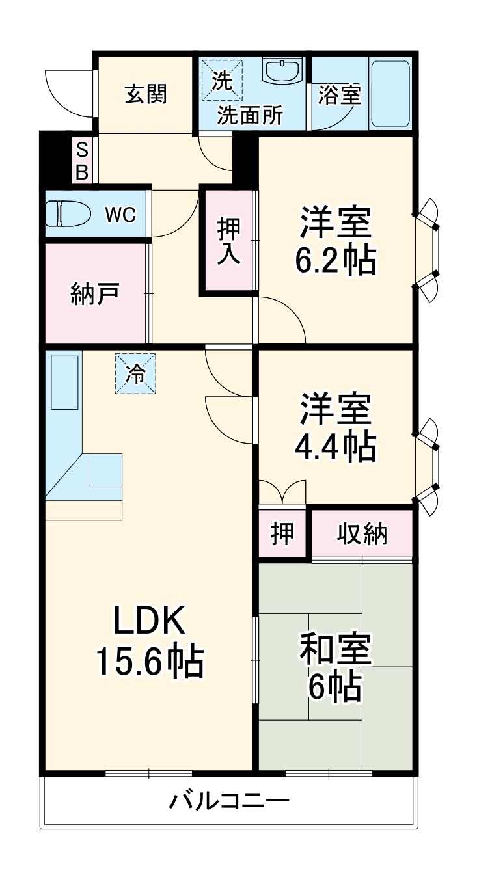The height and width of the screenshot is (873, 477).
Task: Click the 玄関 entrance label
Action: (146, 94)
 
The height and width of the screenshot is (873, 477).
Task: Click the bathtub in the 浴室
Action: (390, 93)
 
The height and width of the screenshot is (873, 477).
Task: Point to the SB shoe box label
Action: (82, 161)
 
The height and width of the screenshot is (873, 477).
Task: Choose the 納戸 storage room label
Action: (94, 294)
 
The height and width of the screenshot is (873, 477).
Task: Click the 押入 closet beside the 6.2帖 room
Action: (228, 241)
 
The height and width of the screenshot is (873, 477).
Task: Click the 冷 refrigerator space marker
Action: (136, 373)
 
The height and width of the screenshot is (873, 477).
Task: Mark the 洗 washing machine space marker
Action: (223, 81)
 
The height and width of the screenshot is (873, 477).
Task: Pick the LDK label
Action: (150, 621)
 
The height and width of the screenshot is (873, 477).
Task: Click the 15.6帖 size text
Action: (150, 661)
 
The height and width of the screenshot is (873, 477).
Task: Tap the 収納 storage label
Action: (362, 534)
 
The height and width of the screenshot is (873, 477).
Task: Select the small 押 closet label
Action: (282, 534)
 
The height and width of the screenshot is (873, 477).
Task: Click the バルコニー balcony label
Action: (229, 800)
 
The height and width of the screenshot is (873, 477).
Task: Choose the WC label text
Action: (121, 214)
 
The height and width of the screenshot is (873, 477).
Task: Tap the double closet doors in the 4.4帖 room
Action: (282, 492)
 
